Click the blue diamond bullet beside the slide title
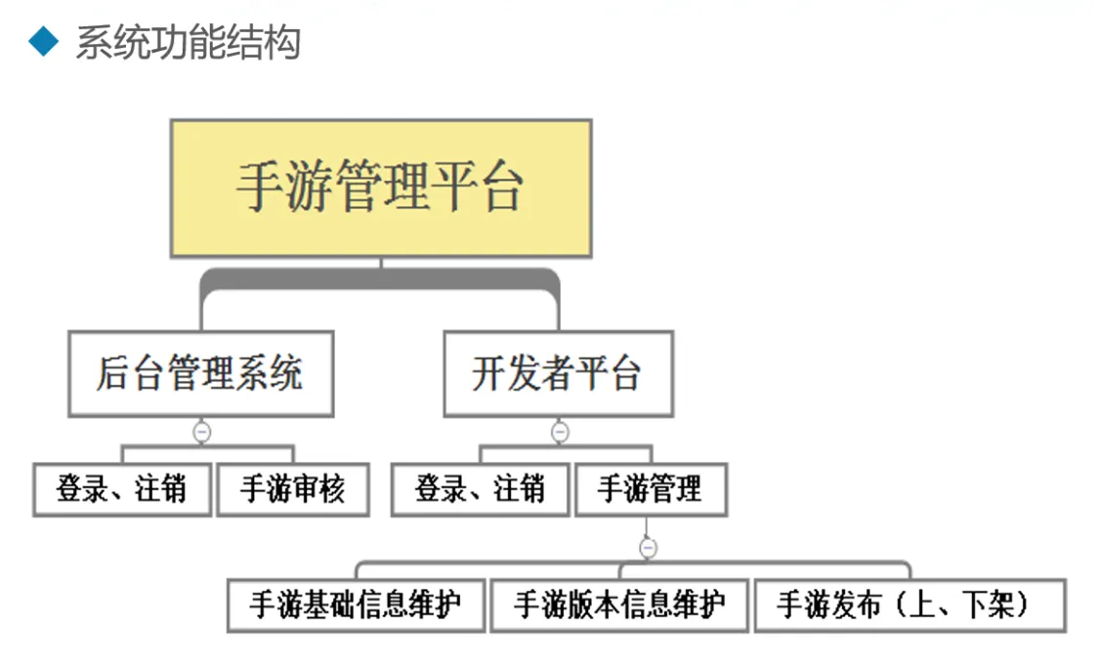[43, 42]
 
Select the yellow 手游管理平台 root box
[381, 188]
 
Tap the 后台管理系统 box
[200, 374]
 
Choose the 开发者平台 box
[558, 374]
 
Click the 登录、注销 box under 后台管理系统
[122, 488]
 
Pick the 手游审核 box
[292, 488]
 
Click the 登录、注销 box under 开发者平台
[480, 488]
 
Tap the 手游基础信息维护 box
[356, 605]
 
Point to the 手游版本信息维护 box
[619, 605]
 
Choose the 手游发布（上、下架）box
[909, 605]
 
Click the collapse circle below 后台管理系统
[201, 431]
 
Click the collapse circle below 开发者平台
[560, 431]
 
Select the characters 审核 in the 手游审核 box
[318, 488]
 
